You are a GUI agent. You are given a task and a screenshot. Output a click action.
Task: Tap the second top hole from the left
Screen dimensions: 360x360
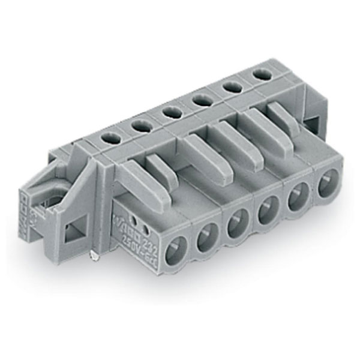click(142, 125)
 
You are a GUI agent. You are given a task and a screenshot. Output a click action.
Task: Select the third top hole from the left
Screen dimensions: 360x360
click(172, 112)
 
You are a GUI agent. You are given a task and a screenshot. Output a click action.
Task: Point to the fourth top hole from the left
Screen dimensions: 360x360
click(200, 100)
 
